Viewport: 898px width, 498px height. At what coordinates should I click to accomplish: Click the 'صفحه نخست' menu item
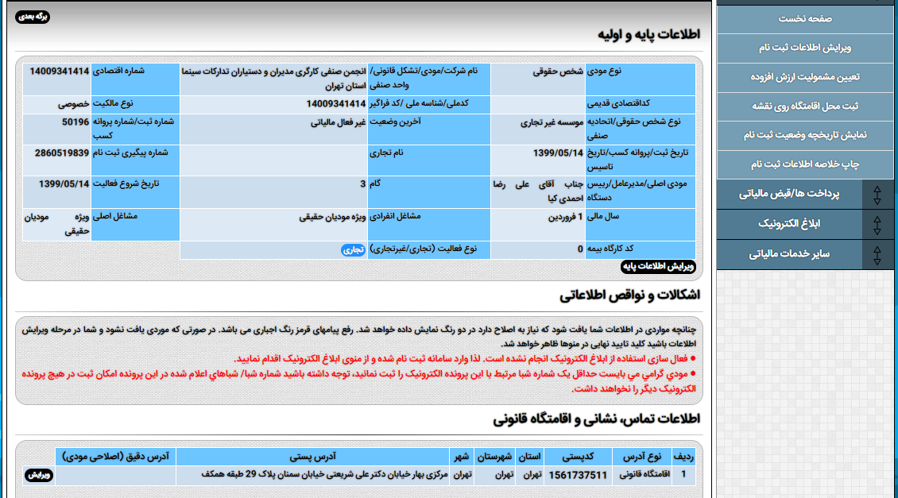(x=804, y=18)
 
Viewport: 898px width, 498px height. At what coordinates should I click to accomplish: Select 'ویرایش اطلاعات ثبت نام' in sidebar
(x=804, y=48)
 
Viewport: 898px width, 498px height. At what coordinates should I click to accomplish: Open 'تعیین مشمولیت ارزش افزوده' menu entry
(x=804, y=77)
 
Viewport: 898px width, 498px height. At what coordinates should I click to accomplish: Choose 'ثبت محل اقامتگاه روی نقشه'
(x=804, y=106)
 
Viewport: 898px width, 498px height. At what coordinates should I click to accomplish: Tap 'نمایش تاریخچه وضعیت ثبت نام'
(x=804, y=135)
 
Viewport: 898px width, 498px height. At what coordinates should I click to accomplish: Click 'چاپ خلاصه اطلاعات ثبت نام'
(x=804, y=164)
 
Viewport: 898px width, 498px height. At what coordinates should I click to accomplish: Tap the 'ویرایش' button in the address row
(x=40, y=475)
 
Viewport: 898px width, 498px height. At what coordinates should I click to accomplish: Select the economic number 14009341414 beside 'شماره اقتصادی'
(x=60, y=71)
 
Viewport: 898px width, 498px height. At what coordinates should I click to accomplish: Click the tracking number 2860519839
(x=62, y=152)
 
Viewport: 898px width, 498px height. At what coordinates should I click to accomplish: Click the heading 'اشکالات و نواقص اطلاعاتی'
(x=629, y=296)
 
